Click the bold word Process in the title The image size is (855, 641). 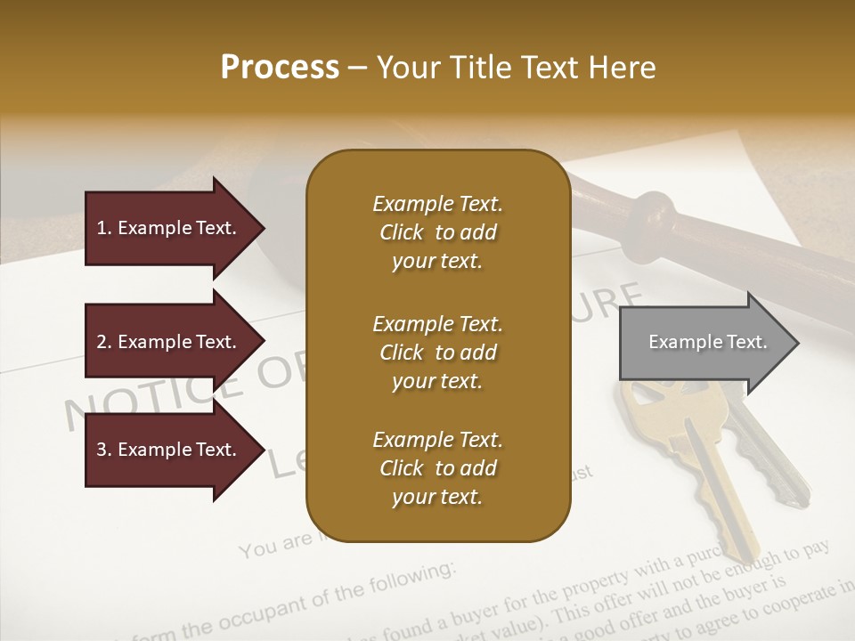coord(280,68)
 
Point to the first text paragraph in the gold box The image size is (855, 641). coord(437,232)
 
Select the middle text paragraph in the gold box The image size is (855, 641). coord(437,353)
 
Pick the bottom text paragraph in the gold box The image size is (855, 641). coord(437,468)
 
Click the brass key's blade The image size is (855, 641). coord(712,490)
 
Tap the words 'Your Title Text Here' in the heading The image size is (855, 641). coord(516,68)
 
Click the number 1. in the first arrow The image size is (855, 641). coord(103,228)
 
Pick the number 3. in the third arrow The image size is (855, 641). coord(103,450)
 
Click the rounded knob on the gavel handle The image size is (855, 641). coord(654,219)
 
